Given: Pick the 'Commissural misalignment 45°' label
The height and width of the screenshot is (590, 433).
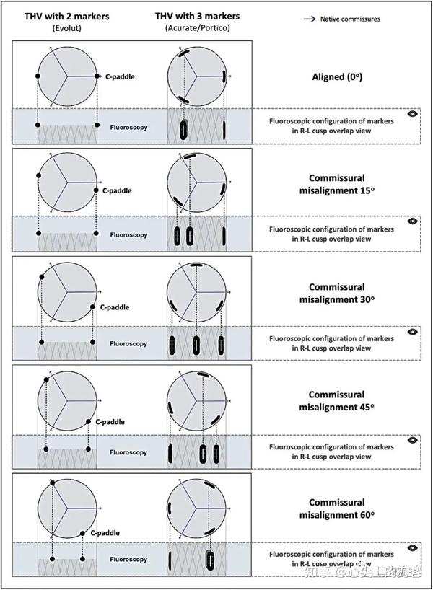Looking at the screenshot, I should pyautogui.click(x=336, y=401).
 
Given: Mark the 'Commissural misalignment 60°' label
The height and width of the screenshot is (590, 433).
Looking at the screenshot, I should pyautogui.click(x=336, y=508).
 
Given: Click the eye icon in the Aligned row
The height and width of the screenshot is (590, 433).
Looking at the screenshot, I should pyautogui.click(x=412, y=113).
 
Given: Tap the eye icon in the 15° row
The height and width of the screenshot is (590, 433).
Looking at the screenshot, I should pyautogui.click(x=412, y=221).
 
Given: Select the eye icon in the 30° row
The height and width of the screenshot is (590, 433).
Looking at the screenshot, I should pyautogui.click(x=412, y=332).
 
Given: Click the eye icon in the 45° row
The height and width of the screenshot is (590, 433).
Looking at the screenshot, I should pyautogui.click(x=412, y=440).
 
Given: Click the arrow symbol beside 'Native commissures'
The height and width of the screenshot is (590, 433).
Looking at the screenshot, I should pyautogui.click(x=306, y=19).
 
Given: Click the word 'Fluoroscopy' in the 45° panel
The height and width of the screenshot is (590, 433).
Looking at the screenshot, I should pyautogui.click(x=128, y=452).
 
